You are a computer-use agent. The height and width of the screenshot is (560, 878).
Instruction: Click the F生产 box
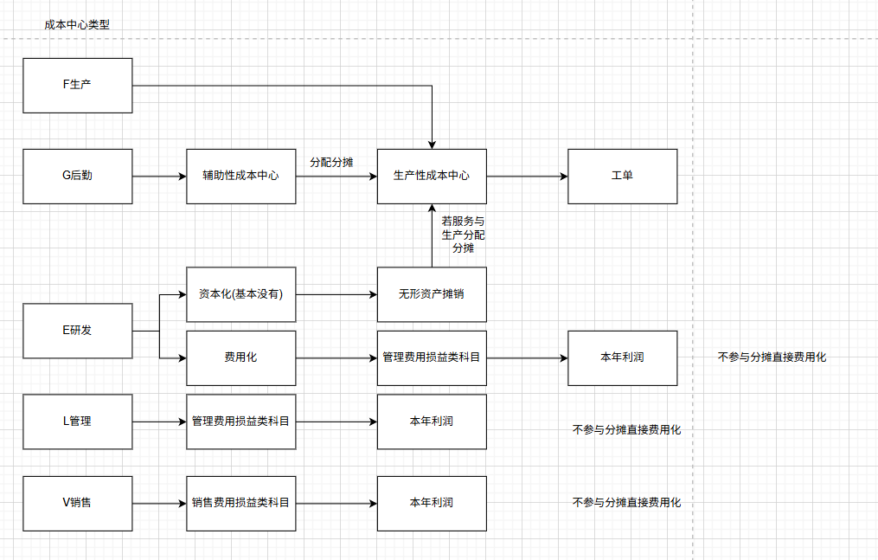point(78,85)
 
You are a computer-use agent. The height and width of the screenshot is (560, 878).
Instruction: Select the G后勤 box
point(78,176)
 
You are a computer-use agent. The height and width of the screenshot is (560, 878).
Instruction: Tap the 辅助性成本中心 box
point(241,176)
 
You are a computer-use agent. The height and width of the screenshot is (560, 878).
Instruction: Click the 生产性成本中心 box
point(432,176)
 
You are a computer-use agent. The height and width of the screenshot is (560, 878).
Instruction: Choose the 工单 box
point(622,176)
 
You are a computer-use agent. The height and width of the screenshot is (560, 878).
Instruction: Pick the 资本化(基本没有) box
point(241,294)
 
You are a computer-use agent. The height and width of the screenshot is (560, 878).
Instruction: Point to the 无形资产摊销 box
point(432,294)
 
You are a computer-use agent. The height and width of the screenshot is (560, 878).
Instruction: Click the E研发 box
point(78,331)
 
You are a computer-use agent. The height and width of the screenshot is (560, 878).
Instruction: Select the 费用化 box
point(241,357)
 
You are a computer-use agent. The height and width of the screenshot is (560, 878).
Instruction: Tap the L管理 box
point(78,422)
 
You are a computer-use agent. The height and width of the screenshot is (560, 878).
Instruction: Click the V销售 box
point(78,503)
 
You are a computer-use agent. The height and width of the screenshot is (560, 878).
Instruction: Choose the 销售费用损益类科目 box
point(241,503)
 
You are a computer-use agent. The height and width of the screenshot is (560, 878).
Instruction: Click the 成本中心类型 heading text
point(77,25)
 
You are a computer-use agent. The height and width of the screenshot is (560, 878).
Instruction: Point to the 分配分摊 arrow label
point(331,162)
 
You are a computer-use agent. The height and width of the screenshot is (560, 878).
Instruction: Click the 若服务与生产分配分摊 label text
point(463,235)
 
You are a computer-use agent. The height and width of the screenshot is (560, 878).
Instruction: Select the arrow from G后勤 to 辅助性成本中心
point(160,176)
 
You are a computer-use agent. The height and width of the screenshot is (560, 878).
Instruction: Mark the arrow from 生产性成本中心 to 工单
point(527,176)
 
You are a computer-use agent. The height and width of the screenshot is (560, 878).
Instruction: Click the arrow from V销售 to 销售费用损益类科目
point(160,503)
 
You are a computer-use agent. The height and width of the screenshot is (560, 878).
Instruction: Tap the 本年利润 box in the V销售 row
point(432,503)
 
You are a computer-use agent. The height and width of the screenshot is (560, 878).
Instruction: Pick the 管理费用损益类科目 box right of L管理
point(241,422)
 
